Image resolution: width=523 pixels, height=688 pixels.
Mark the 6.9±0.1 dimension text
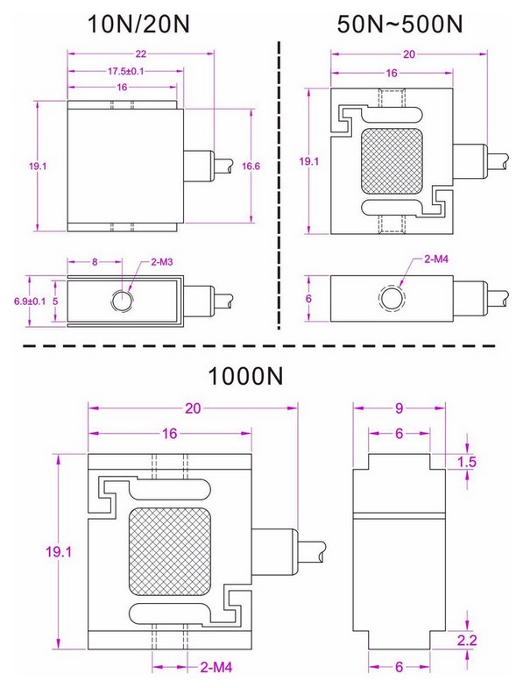click(x=25, y=300)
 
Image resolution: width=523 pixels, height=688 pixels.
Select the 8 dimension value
click(x=94, y=262)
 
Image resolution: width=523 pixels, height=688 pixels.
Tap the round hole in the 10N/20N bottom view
click(x=122, y=301)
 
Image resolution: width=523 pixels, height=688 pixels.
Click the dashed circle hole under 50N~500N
click(x=391, y=300)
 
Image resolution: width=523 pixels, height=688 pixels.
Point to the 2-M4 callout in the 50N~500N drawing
click(x=437, y=260)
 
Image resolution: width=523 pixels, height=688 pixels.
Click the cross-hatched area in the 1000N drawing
click(x=170, y=552)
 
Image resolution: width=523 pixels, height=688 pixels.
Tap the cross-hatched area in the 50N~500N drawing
click(x=391, y=160)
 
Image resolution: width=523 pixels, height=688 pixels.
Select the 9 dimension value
click(x=399, y=407)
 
